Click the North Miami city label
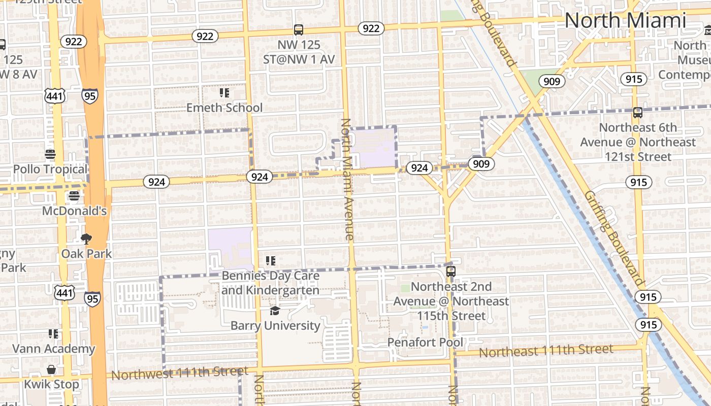[625, 21]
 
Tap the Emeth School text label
[224, 108]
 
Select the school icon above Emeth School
[224, 93]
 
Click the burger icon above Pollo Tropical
[50, 154]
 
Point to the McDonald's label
[74, 211]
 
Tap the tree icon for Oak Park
[86, 239]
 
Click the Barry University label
[275, 325]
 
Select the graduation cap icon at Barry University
[275, 311]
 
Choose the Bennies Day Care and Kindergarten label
[270, 283]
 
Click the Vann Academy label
[53, 349]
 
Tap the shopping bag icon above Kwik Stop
[51, 369]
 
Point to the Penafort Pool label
[425, 343]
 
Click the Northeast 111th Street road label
[546, 350]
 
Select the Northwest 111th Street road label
[180, 374]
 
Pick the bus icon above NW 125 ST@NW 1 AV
[298, 30]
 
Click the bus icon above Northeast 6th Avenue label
[637, 113]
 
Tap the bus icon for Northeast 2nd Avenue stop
[450, 272]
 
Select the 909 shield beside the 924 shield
[480, 163]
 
